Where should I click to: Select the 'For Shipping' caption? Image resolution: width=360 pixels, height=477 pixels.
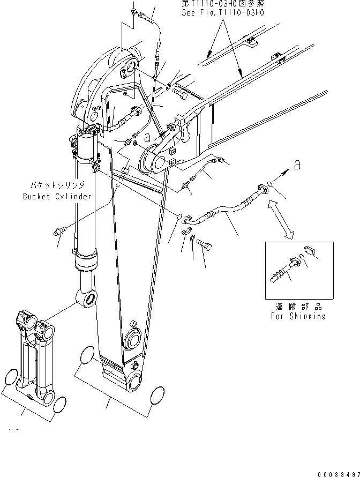(x=298, y=316)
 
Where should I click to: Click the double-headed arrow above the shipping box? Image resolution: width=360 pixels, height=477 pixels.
(x=281, y=218)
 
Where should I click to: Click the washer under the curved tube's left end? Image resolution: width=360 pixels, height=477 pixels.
(x=192, y=237)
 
